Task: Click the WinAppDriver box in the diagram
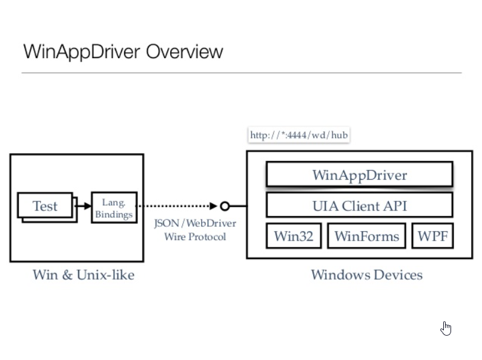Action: (359, 175)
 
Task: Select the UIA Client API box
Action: (359, 206)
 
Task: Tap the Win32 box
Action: (294, 235)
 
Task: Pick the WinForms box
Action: (366, 235)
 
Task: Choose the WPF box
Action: (432, 235)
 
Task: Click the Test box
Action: (45, 206)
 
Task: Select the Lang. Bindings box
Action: (114, 208)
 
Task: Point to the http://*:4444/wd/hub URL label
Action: (299, 135)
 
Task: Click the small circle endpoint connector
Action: (225, 206)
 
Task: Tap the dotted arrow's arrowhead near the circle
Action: (213, 206)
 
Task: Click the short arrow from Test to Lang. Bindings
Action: (82, 206)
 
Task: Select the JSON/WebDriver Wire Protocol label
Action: (194, 230)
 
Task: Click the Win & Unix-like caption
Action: (84, 275)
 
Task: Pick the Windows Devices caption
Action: (366, 275)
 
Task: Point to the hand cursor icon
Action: (446, 328)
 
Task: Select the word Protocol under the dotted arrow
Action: (206, 237)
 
